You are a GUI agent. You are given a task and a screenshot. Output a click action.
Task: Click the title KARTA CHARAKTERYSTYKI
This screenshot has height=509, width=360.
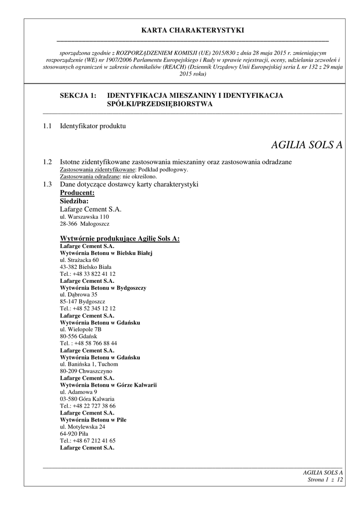192,30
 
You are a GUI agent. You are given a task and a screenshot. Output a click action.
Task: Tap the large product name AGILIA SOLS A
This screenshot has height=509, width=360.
307,145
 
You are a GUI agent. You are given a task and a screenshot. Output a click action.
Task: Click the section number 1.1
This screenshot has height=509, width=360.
47,126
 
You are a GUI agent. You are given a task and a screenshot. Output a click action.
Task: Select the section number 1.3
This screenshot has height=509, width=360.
47,185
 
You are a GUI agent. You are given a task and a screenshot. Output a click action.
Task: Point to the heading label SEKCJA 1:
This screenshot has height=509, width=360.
78,95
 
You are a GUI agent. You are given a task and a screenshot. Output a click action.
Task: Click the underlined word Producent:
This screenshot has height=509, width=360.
77,193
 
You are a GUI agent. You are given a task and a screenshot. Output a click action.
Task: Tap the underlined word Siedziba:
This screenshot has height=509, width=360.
74,201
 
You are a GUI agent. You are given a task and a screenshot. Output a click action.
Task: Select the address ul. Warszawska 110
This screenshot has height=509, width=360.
84,217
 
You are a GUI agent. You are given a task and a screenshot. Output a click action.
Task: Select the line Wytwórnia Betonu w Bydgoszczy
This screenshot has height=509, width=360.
103,288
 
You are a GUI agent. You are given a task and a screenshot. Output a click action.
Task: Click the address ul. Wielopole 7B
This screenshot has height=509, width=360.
81,330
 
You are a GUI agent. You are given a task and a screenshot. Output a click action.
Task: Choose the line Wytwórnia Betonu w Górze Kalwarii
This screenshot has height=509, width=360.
112,385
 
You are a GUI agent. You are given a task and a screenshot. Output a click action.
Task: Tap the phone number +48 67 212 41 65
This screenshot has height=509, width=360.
94,441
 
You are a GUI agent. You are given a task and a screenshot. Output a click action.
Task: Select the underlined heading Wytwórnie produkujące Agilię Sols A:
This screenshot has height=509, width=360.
120,239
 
